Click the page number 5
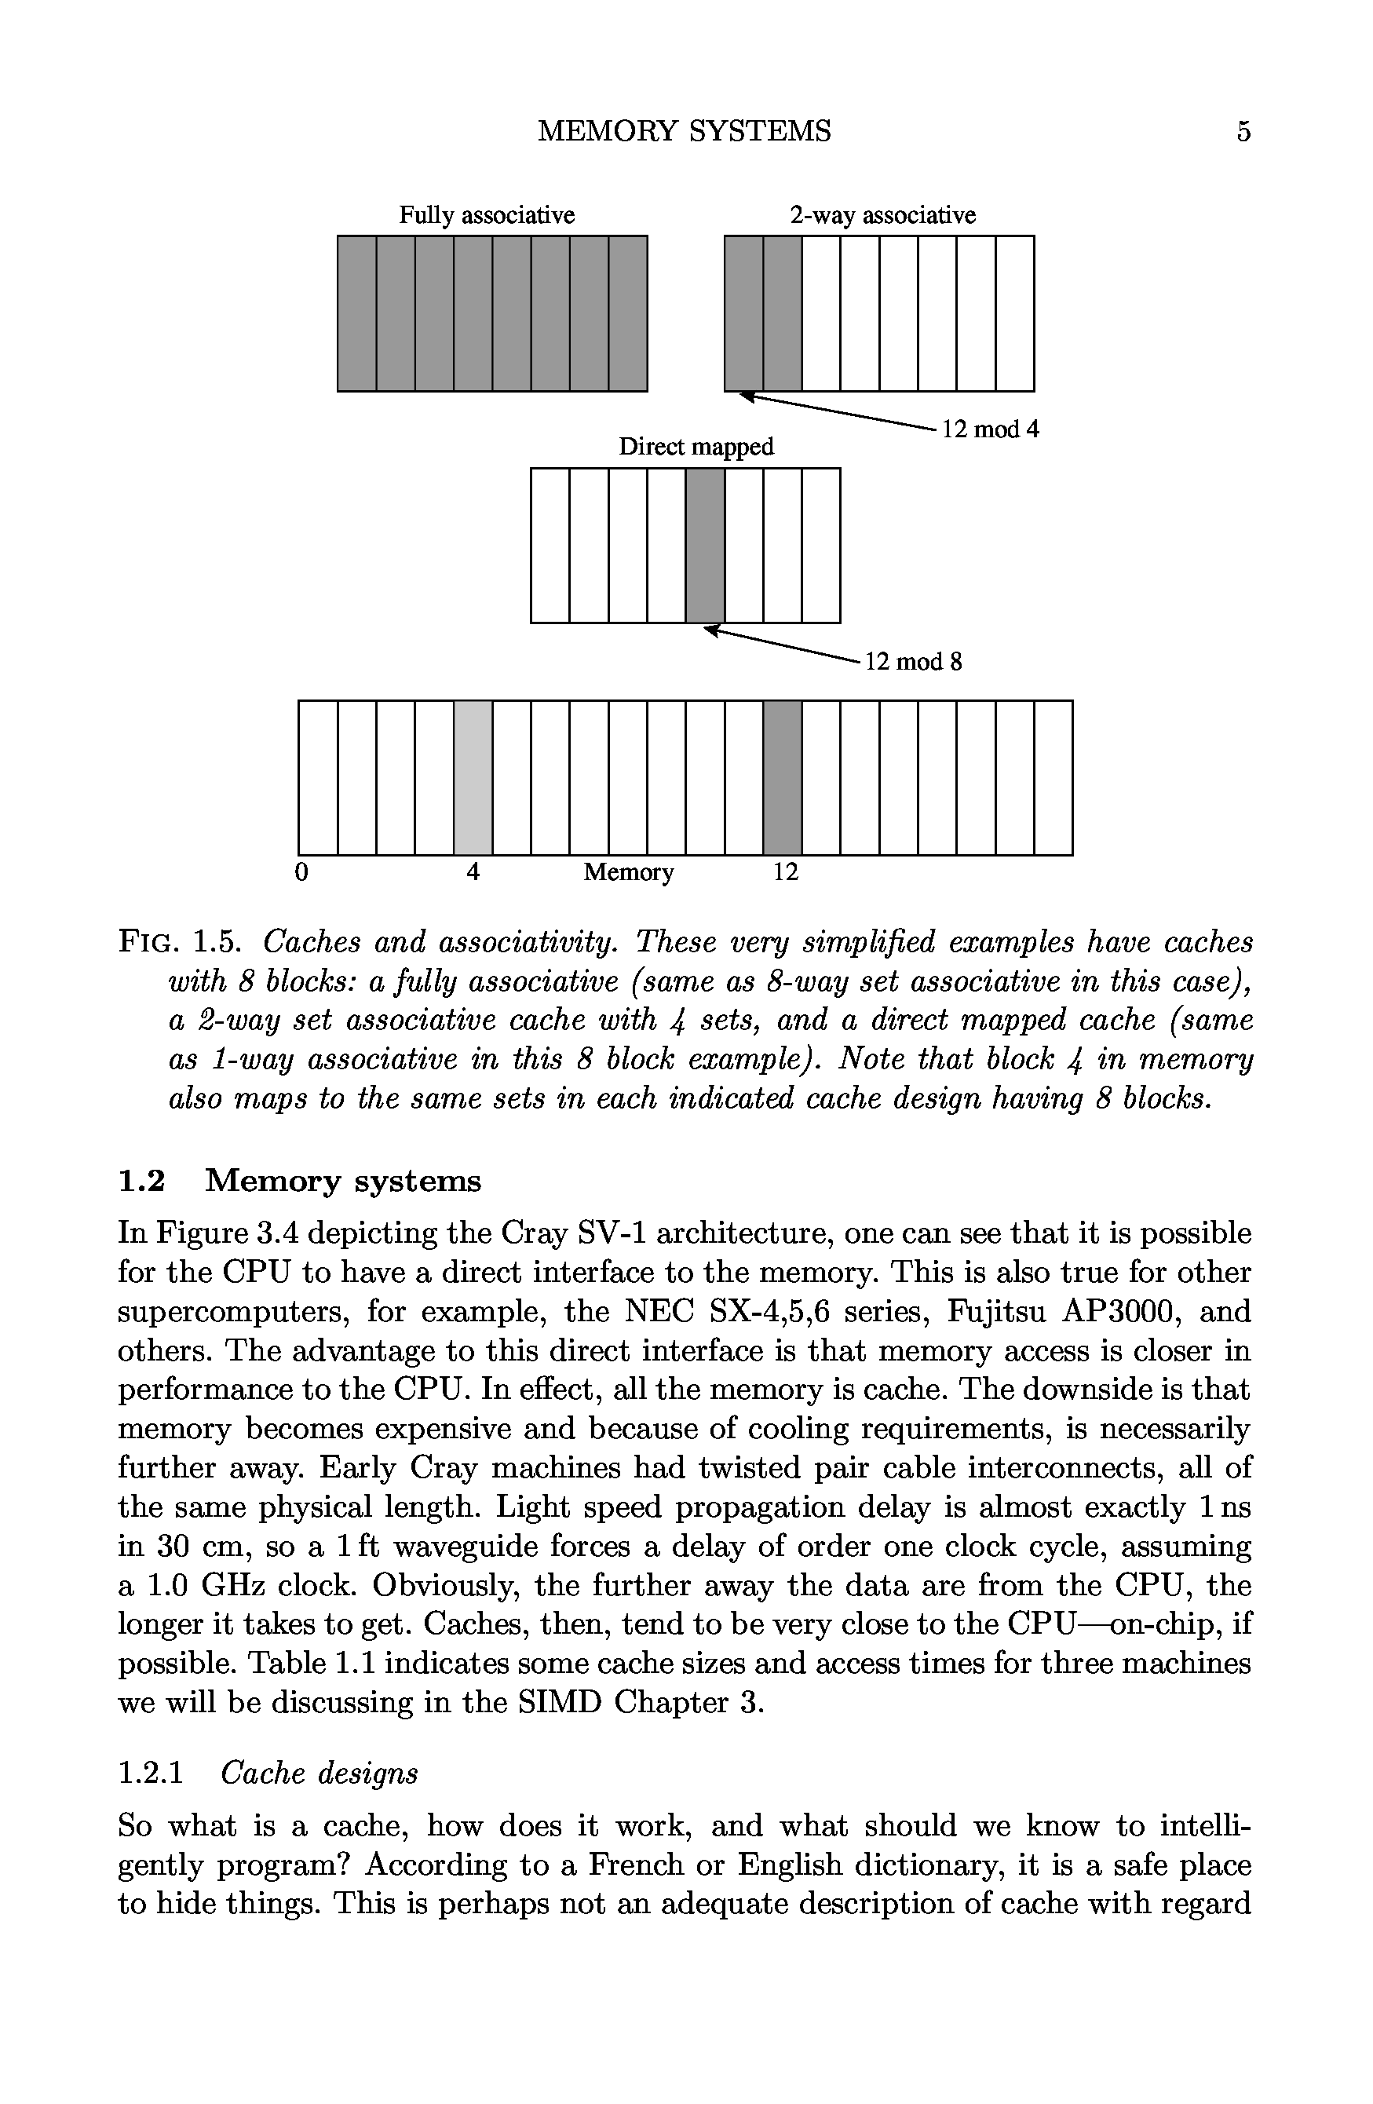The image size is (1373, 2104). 1243,132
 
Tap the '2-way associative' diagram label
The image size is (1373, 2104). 882,215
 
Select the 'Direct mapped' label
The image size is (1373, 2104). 696,447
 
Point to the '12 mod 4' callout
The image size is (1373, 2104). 990,429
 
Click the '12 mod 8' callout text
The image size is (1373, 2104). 912,661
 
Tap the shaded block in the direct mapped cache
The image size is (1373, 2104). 705,545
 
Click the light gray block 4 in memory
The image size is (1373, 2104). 473,777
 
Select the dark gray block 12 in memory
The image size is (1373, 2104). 783,777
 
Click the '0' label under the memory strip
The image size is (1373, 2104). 301,872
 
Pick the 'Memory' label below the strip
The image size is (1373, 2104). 629,872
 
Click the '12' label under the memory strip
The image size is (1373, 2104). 785,872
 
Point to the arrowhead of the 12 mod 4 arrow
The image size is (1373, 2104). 749,397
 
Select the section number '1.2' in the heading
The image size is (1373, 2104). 141,1180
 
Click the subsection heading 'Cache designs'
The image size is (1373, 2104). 318,1773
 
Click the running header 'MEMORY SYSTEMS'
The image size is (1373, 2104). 685,132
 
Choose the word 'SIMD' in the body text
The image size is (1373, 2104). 557,1702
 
